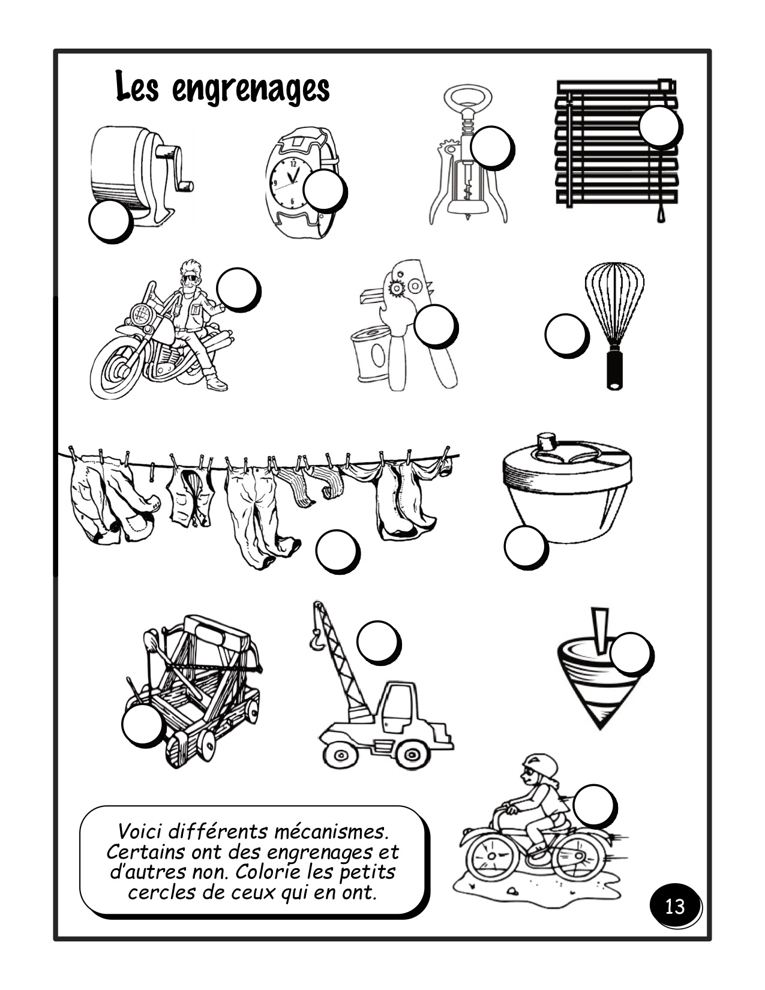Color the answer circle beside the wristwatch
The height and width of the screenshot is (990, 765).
pos(323,190)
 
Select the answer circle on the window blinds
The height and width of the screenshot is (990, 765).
pos(659,126)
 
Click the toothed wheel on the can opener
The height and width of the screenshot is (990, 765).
pos(396,288)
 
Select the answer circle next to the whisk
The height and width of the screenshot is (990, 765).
pos(566,334)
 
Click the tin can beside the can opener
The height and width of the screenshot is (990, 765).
pos(371,353)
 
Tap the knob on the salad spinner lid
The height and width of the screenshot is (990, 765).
pos(546,441)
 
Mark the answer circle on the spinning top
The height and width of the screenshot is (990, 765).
pos(631,653)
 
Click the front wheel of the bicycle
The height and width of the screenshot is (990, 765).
pos(492,857)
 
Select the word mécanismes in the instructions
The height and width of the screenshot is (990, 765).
pos(331,832)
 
